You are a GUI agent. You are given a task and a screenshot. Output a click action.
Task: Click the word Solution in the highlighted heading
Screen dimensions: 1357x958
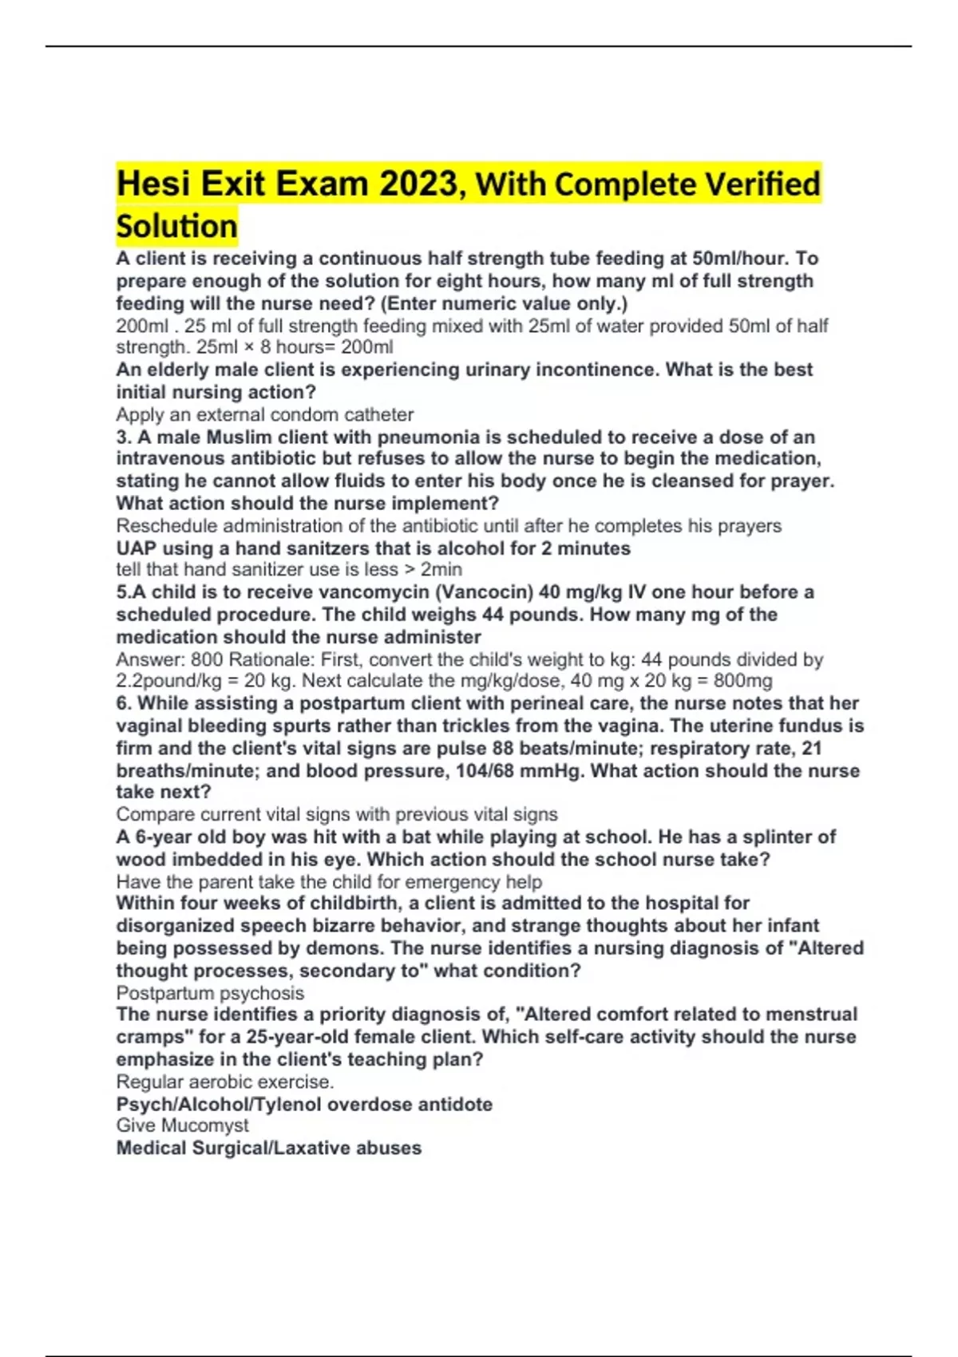(x=176, y=226)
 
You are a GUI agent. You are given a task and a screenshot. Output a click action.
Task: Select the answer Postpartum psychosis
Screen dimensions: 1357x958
(x=210, y=993)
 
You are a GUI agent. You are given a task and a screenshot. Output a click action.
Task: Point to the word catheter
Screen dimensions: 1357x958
(x=378, y=415)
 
